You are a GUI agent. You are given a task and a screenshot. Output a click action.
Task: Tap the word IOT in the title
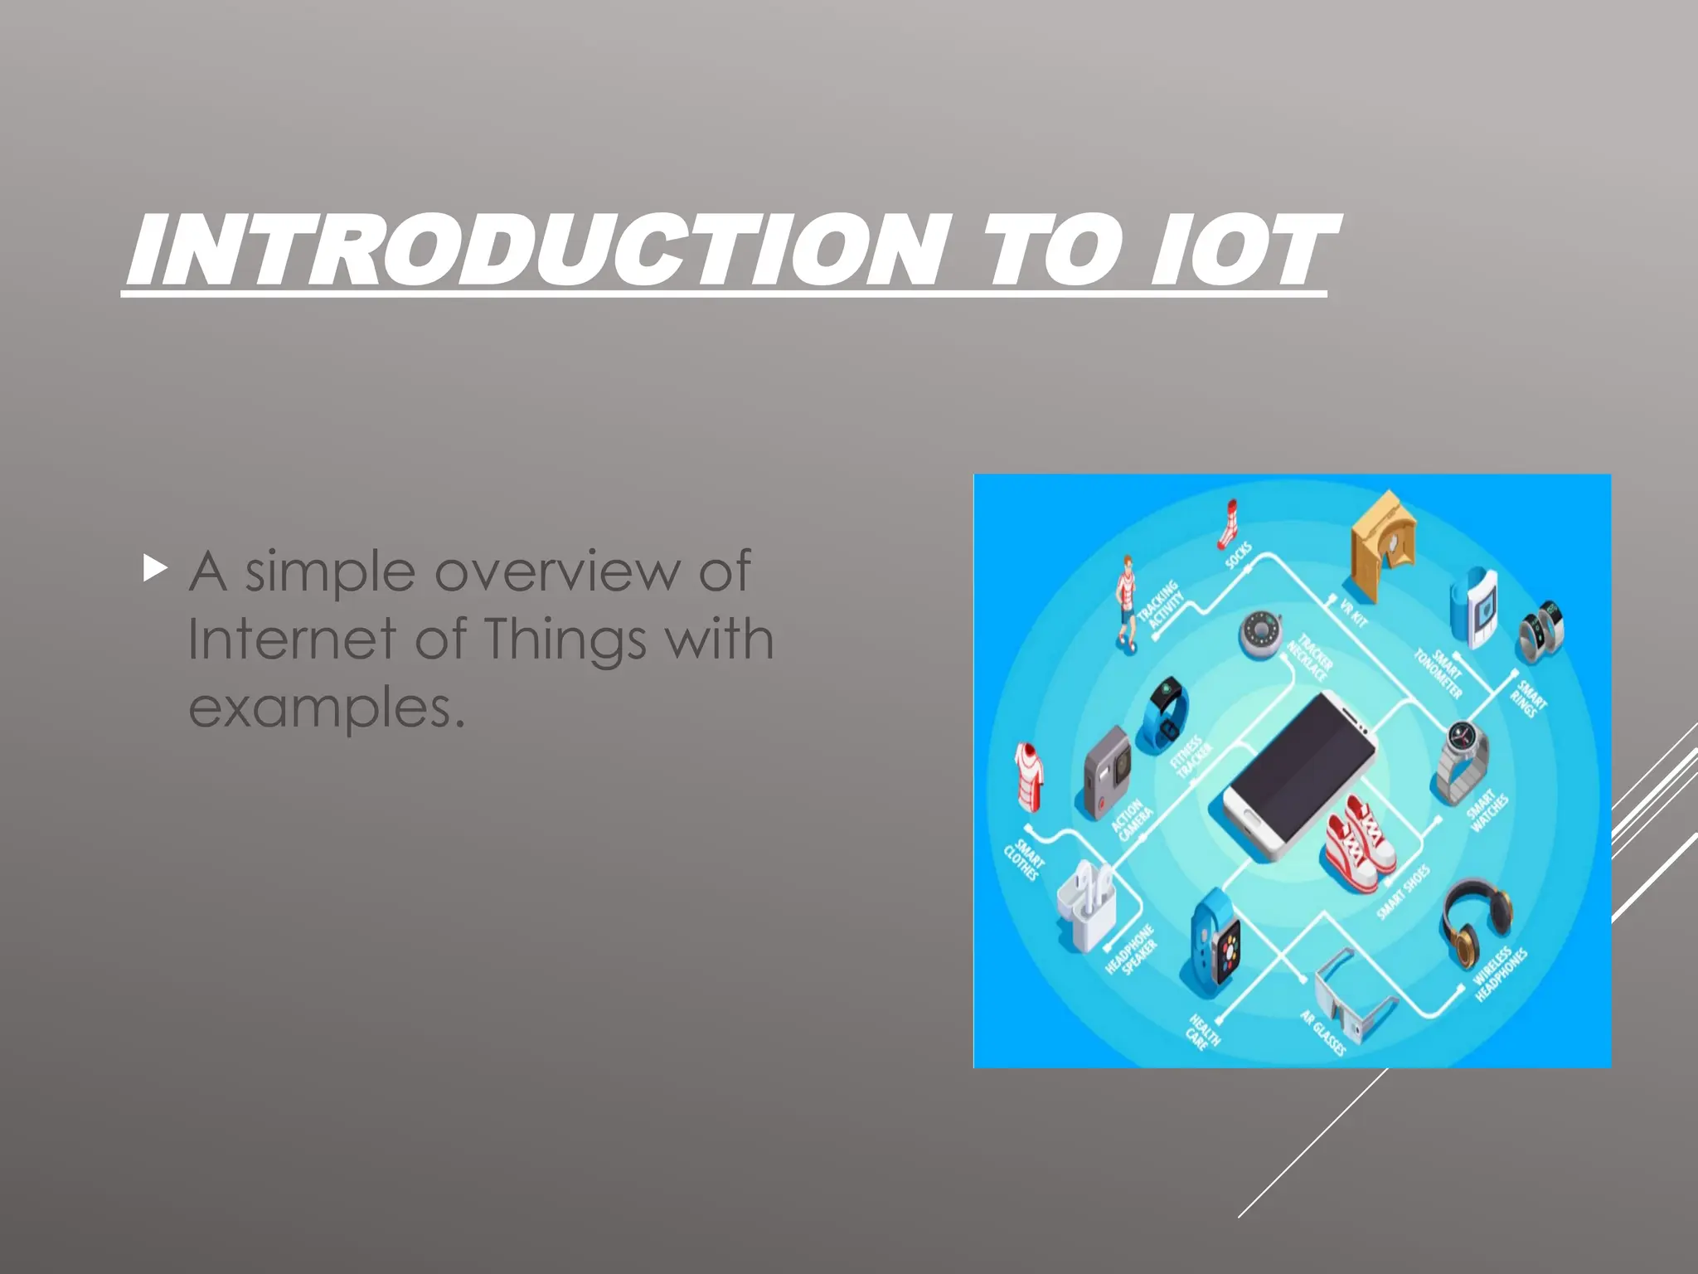(1244, 250)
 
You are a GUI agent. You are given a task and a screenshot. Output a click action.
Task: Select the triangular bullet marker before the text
(155, 569)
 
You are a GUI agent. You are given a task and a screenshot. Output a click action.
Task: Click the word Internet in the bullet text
(292, 639)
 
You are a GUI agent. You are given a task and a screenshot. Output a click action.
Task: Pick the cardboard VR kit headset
(1382, 543)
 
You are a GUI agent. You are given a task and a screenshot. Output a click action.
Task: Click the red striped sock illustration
(1228, 524)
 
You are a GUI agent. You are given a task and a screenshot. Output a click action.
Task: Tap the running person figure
(1125, 603)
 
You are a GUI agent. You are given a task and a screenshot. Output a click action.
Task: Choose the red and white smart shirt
(1029, 776)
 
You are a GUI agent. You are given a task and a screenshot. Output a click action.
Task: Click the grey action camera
(1108, 771)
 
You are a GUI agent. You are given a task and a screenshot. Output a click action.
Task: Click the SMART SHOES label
(1403, 892)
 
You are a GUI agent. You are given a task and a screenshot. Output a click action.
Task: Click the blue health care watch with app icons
(1215, 946)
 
